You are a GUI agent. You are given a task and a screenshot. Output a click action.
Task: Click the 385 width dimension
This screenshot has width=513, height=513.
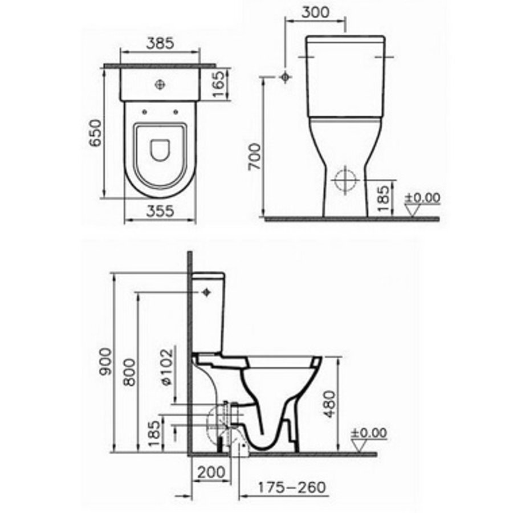point(160,43)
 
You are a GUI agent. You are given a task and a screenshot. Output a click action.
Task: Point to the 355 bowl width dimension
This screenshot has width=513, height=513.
point(160,211)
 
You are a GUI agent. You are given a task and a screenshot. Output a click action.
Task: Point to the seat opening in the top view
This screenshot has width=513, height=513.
point(160,149)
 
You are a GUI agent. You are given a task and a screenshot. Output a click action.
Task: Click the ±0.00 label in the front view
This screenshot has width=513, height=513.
point(422,198)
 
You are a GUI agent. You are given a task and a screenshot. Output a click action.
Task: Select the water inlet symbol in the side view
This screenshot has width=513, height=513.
point(206,293)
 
